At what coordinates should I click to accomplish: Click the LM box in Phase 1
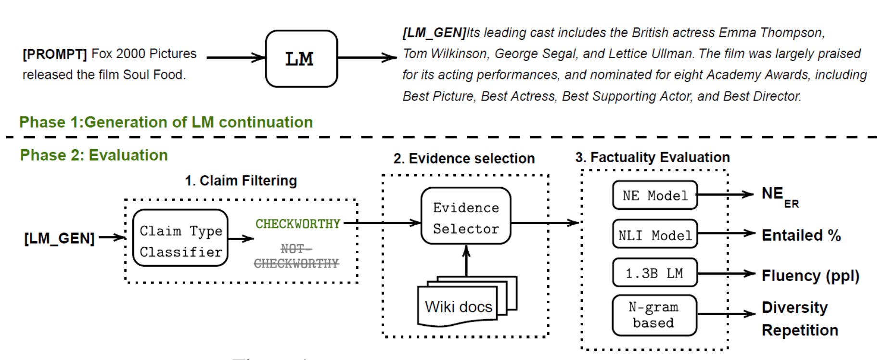[x=301, y=59]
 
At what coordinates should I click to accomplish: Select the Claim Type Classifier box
[x=180, y=238]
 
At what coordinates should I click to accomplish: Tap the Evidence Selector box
[x=465, y=216]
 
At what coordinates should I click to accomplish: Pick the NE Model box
[x=654, y=195]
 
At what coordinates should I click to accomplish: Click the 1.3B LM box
[x=654, y=273]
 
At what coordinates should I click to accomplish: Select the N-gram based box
[x=654, y=315]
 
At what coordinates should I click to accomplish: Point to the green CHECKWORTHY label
[x=297, y=224]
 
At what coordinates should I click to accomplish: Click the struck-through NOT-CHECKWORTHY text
[x=296, y=257]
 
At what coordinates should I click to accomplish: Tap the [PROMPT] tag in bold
[x=54, y=54]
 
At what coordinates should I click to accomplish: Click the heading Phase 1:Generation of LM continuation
[x=166, y=122]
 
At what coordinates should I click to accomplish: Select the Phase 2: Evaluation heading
[x=94, y=155]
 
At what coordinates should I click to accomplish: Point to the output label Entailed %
[x=801, y=235]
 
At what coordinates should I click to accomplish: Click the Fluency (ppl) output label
[x=810, y=275]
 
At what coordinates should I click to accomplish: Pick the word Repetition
[x=800, y=330]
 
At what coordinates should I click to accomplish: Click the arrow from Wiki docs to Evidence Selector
[x=466, y=261]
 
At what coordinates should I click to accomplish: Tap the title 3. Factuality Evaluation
[x=652, y=157]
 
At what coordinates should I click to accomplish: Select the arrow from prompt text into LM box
[x=235, y=58]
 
